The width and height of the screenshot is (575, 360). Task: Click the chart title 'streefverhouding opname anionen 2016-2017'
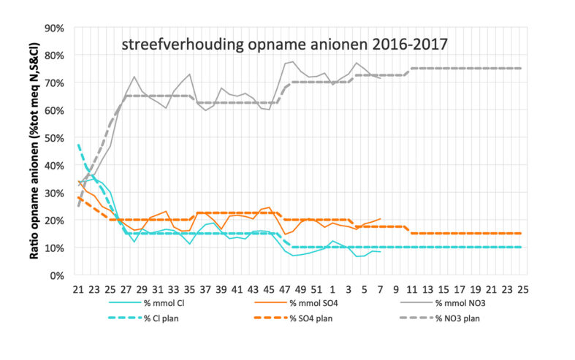coord(285,45)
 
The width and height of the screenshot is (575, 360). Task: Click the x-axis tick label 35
coord(189,290)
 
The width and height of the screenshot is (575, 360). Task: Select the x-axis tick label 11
coord(412,290)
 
